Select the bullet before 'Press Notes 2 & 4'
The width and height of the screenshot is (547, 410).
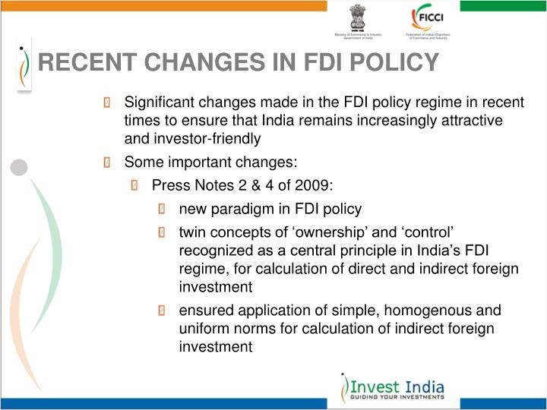[135, 185]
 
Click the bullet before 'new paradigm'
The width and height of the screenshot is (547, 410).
[163, 209]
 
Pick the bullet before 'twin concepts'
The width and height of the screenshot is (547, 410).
[163, 232]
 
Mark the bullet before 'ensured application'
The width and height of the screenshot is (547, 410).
[163, 311]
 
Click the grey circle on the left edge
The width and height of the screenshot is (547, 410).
[19, 167]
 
